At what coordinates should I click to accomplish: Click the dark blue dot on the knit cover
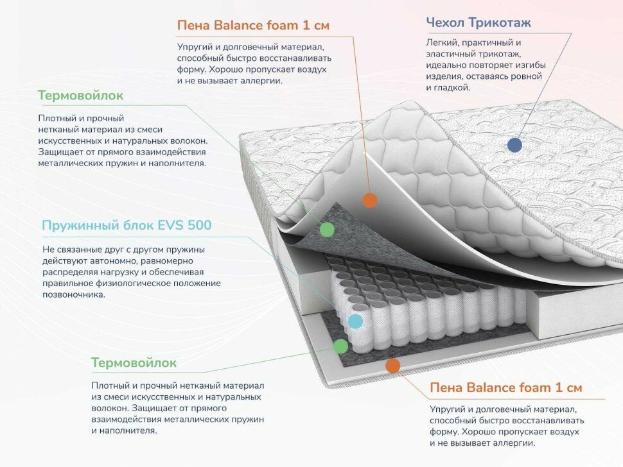tap(514, 144)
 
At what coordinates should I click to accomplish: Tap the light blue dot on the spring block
tap(355, 321)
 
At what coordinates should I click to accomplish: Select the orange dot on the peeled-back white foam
tap(369, 200)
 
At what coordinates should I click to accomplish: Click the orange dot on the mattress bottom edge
tap(392, 366)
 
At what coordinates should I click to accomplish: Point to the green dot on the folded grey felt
tap(327, 229)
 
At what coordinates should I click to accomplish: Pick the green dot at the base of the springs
tap(340, 346)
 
